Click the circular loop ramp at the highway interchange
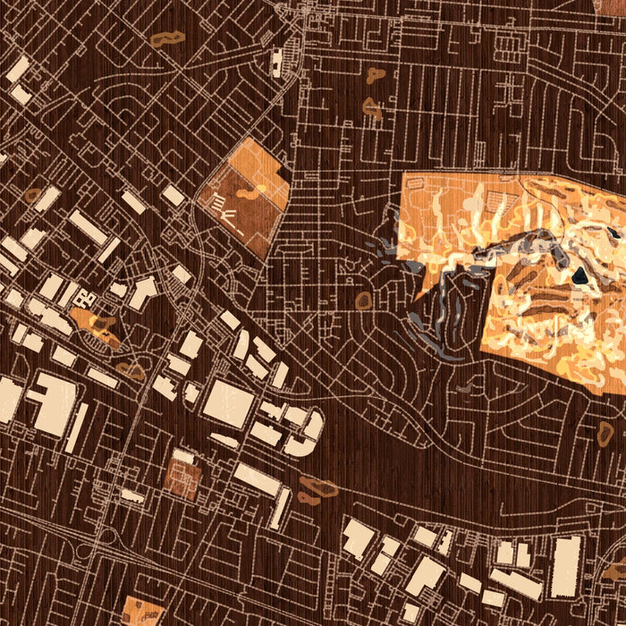[x=108, y=535]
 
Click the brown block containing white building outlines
[x=182, y=474]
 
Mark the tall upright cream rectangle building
[x=565, y=566]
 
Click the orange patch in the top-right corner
[x=611, y=6]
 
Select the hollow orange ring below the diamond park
[x=362, y=301]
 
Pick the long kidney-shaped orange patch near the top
[x=166, y=38]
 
